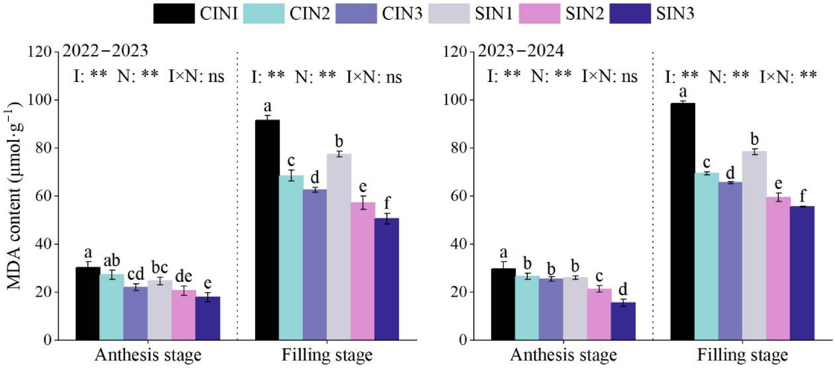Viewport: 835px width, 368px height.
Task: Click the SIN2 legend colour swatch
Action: click(x=539, y=14)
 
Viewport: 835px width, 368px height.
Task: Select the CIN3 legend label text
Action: click(x=402, y=14)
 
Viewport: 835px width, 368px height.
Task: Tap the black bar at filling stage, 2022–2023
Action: click(x=268, y=230)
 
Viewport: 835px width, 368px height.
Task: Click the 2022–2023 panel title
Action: click(x=105, y=51)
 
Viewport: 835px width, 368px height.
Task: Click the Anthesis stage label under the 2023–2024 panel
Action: click(x=563, y=355)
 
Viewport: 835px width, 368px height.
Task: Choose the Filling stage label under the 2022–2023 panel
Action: click(x=327, y=355)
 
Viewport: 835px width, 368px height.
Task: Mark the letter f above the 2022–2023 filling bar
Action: click(x=387, y=203)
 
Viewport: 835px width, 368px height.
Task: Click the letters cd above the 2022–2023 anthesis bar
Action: click(x=135, y=274)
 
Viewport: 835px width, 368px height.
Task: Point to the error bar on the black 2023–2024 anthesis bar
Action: click(x=503, y=265)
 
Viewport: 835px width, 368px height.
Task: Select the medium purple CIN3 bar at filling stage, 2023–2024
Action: click(x=730, y=261)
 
